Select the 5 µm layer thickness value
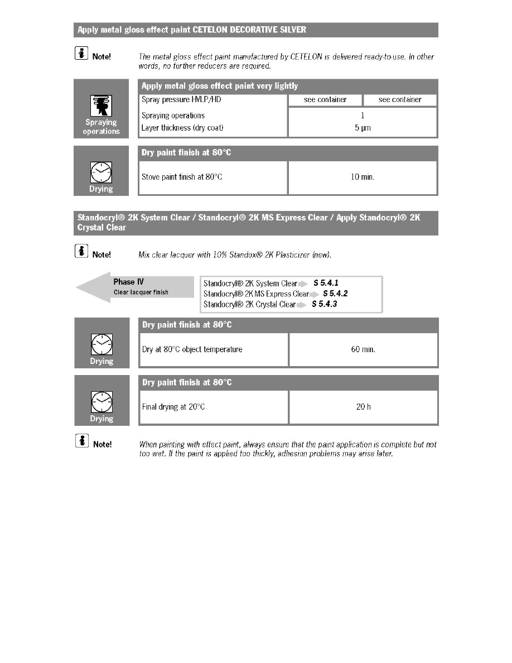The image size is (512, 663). pyautogui.click(x=363, y=128)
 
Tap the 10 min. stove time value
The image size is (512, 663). pyautogui.click(x=363, y=177)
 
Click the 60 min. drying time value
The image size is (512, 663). pyautogui.click(x=363, y=349)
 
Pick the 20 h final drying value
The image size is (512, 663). pyautogui.click(x=363, y=407)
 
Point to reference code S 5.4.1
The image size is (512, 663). pyautogui.click(x=326, y=283)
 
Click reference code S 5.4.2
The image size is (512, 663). pyautogui.click(x=335, y=294)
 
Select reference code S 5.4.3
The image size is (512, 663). pyautogui.click(x=325, y=304)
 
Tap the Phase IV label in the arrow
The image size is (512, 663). pyautogui.click(x=128, y=282)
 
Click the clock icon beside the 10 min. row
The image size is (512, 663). pyautogui.click(x=101, y=172)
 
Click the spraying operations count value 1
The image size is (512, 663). pyautogui.click(x=363, y=116)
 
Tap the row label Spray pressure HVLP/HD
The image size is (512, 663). pyautogui.click(x=177, y=99)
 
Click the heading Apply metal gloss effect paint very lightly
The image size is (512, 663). pyautogui.click(x=220, y=86)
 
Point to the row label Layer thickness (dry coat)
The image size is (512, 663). pyautogui.click(x=182, y=128)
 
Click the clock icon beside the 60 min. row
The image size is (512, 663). pyautogui.click(x=101, y=344)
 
